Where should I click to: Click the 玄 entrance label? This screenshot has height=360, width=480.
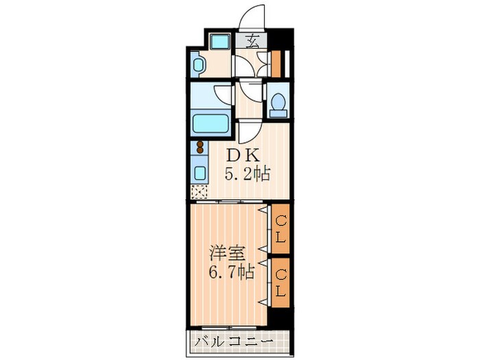(252, 40)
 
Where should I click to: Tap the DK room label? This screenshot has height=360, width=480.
(243, 156)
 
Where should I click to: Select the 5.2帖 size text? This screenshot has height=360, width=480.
(248, 176)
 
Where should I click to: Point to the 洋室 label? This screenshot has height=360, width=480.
(227, 253)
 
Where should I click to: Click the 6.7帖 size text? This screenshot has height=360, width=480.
(232, 272)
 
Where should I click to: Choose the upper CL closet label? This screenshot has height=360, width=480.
(280, 229)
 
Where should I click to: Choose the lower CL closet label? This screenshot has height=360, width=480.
(280, 283)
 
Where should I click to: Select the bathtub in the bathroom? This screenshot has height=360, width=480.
(211, 123)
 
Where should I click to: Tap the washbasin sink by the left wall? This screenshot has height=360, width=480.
(197, 64)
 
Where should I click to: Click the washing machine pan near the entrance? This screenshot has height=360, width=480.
(220, 42)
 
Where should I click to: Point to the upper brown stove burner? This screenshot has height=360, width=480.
(200, 144)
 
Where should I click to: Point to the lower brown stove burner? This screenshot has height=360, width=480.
(200, 149)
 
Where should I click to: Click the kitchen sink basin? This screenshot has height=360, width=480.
(200, 173)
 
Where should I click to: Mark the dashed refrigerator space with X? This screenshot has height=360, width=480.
(199, 192)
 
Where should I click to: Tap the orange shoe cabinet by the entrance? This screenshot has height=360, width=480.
(276, 64)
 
